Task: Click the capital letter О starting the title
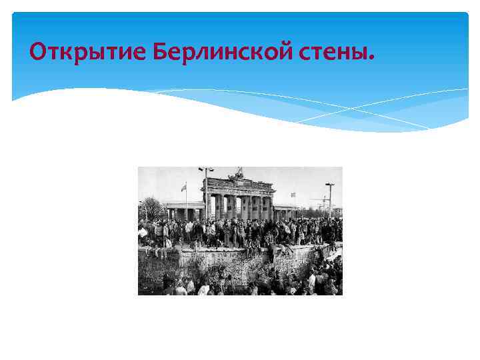coord(39,51)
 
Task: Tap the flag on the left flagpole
coord(183,188)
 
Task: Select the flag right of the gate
coord(292,195)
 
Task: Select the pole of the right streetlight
coord(329,203)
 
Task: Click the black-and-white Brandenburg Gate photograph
coord(240,231)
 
